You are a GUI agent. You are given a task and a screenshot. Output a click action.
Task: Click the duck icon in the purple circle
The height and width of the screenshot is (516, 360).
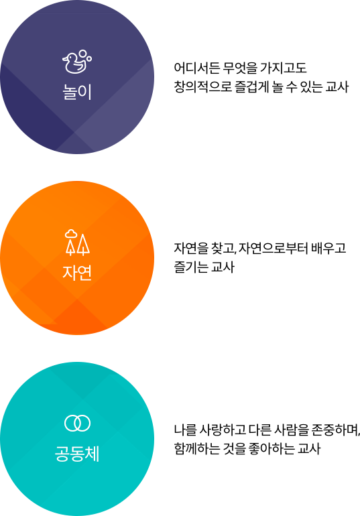tap(77, 62)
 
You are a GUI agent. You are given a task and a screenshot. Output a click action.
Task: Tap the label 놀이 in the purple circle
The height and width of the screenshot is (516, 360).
tap(77, 92)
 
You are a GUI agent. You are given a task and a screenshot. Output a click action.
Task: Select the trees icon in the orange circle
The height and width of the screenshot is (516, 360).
tap(77, 242)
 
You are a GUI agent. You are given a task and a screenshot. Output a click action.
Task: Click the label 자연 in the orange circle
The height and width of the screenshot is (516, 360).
tap(77, 273)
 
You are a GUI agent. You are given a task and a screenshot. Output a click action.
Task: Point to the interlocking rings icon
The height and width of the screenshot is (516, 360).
tap(77, 424)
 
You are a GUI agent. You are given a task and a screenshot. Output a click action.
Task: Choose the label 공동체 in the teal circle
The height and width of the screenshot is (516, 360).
tap(77, 454)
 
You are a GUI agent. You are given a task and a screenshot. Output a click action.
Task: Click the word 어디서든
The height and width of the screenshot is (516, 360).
tap(196, 68)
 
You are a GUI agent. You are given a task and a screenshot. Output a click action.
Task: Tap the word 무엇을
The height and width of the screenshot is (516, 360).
tap(239, 68)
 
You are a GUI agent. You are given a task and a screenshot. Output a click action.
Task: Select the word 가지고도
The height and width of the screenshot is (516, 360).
tap(284, 68)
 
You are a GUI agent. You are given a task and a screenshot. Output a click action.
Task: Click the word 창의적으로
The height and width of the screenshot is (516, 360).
tap(202, 87)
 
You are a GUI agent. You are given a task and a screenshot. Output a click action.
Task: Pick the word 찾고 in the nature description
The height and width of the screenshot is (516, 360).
tap(223, 248)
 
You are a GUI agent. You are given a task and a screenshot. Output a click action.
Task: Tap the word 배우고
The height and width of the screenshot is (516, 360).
tap(328, 248)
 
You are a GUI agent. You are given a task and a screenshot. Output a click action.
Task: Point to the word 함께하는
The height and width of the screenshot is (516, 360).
tap(197, 448)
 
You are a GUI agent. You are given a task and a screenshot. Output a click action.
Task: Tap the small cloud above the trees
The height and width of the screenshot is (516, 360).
tap(71, 233)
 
